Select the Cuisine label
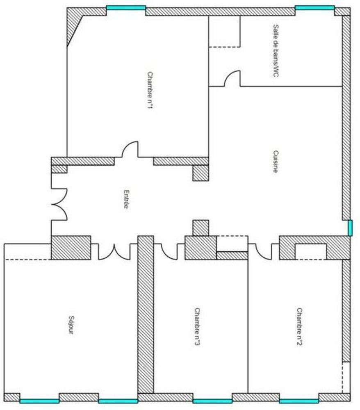coord(276,162)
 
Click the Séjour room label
coord(71,325)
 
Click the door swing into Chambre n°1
coord(130,149)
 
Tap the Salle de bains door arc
coord(232,79)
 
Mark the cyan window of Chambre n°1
coord(126,7)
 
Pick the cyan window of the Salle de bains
coord(314,7)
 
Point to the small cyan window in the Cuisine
coord(350,228)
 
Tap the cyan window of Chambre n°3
coord(212,401)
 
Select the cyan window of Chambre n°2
coord(299,401)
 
